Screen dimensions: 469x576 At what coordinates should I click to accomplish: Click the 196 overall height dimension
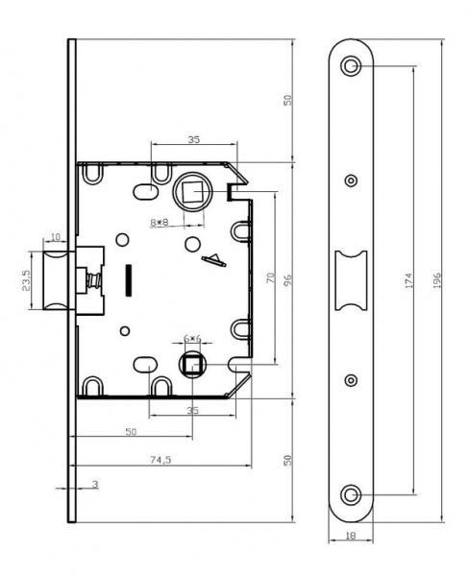coord(436,280)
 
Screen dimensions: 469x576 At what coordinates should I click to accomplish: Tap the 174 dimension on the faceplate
coord(408,280)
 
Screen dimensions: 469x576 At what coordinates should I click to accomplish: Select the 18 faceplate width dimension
coord(351,536)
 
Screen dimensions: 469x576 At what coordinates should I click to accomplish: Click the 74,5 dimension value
coord(160,459)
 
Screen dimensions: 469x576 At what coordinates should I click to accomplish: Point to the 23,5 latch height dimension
coord(26,280)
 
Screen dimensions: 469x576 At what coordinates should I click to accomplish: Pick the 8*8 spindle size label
coord(160,222)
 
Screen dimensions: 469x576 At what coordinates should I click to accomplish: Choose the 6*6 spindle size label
coord(192,338)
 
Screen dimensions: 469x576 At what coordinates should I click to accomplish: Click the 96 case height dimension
coord(288,280)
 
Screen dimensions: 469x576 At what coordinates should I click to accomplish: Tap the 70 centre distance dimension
coord(270,277)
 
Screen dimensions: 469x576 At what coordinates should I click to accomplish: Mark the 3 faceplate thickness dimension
coord(95,484)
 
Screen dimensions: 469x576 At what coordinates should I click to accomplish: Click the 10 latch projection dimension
coord(55,237)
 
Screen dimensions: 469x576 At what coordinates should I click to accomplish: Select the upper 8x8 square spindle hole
coord(191,192)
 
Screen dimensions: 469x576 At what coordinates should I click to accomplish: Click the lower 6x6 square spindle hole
coord(192,365)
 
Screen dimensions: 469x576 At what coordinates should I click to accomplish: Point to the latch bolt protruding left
coord(56,280)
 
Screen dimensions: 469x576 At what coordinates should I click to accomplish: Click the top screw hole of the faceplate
coord(351,66)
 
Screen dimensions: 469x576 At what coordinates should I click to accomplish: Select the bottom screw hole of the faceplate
coord(351,495)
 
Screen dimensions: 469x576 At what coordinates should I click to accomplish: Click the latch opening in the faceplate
coord(351,280)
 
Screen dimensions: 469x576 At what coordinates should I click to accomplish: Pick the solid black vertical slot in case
coord(129,280)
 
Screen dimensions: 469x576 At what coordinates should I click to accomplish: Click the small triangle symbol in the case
coord(213,260)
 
